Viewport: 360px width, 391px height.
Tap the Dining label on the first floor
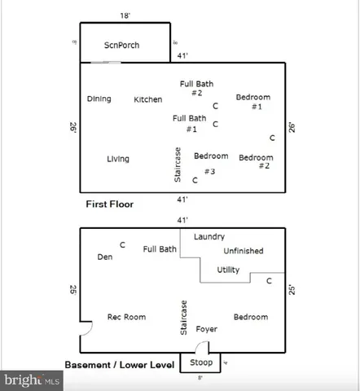coord(99,99)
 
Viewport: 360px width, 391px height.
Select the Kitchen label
coord(147,99)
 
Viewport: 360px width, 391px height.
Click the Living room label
coord(117,159)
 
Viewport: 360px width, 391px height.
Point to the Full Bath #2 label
coord(196,88)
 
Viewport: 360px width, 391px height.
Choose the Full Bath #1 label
coord(189,123)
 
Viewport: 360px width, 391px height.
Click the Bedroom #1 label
coord(252,102)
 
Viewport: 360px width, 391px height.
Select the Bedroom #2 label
coord(256,161)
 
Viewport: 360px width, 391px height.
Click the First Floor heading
coord(109,204)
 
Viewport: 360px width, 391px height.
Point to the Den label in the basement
coord(104,257)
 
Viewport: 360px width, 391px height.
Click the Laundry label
coord(209,236)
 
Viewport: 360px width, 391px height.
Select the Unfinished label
coord(243,251)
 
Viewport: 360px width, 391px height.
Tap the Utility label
coord(228,270)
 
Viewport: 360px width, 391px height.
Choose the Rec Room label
coord(126,317)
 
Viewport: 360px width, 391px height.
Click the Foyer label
coord(206,330)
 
